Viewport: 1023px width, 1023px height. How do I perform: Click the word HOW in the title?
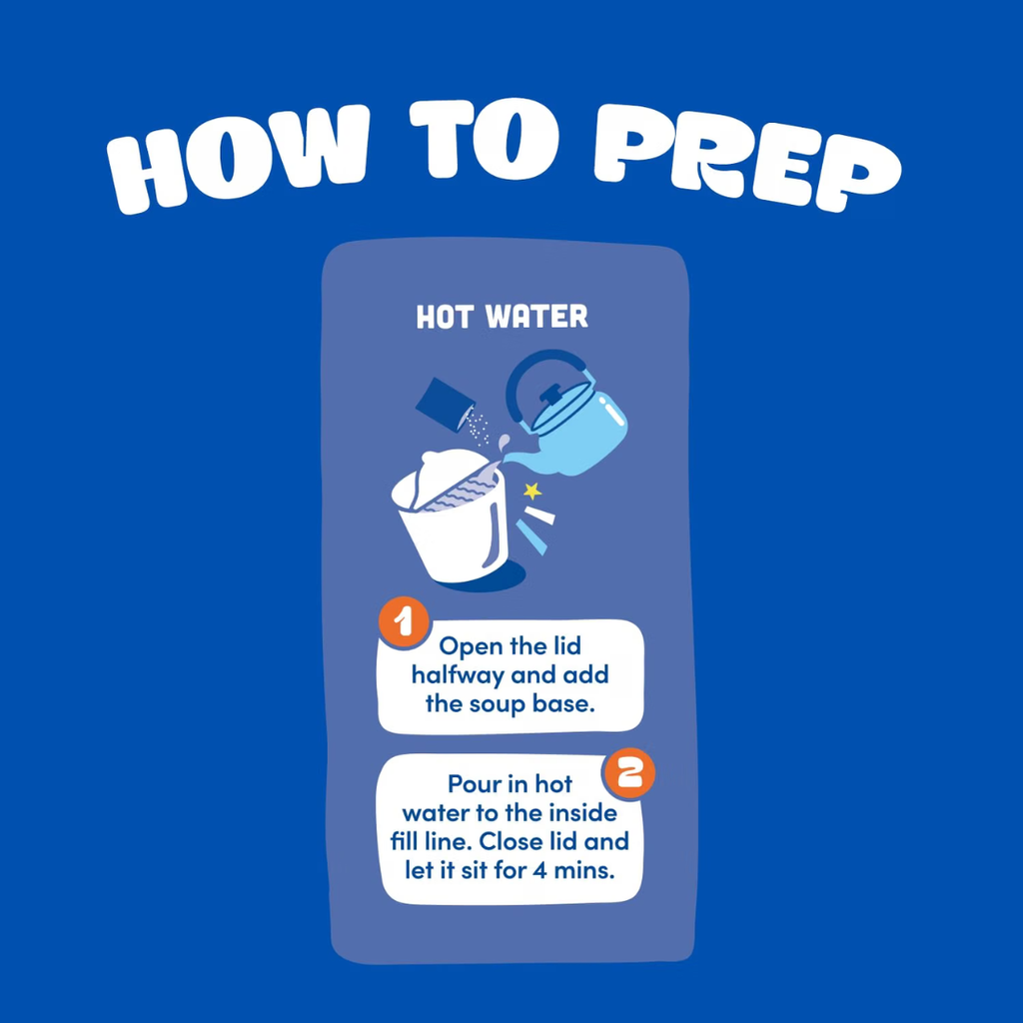coord(237,160)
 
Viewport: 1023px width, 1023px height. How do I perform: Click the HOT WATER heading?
coord(502,317)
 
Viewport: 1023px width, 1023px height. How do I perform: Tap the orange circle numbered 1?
coord(404,623)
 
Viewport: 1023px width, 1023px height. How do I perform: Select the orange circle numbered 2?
coord(629,773)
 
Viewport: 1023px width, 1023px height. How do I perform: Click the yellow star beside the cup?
coord(532,491)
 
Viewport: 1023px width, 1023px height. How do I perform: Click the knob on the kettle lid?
coord(551,395)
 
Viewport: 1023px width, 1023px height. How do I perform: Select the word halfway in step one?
coord(458,675)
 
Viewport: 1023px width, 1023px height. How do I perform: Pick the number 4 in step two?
coord(539,870)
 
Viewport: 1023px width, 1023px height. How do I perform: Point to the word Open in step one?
coord(472,647)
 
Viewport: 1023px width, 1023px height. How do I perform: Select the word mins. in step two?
coord(584,870)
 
